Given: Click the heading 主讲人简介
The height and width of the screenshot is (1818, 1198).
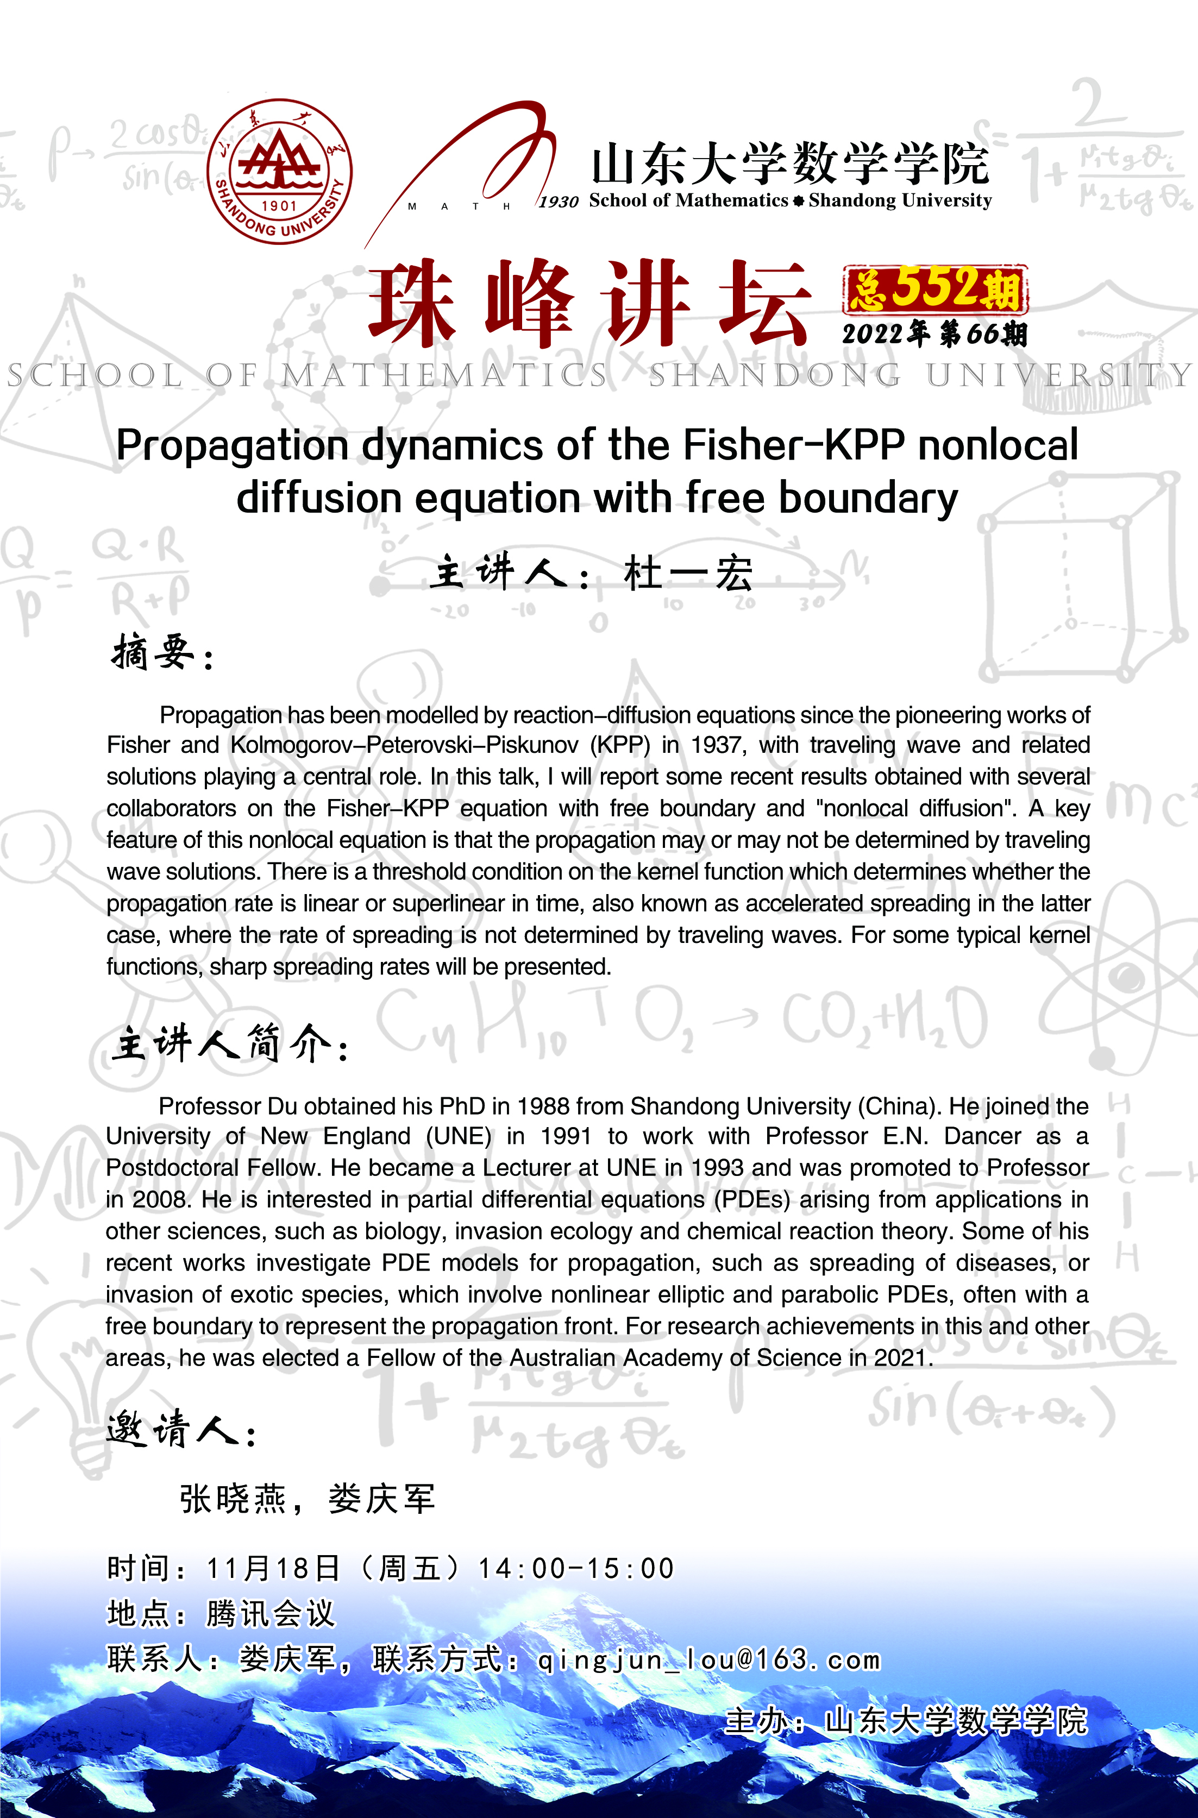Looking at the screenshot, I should pos(222,1043).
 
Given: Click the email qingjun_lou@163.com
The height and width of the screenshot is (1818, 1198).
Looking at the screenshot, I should pos(709,1660).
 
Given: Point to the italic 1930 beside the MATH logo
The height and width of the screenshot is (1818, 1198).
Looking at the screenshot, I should pos(559,202).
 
